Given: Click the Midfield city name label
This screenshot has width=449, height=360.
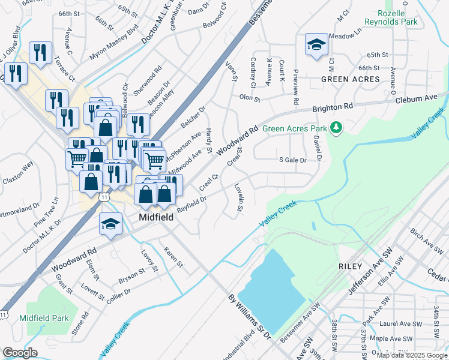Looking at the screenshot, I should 156,217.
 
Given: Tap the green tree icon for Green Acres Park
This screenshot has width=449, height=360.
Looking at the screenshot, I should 337,127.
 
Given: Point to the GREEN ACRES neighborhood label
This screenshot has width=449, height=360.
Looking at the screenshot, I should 351,79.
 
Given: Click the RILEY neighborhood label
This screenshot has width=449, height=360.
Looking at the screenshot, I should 350,266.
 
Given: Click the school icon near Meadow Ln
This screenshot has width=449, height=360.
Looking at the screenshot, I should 316,45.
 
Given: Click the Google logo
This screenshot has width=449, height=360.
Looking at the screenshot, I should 20,353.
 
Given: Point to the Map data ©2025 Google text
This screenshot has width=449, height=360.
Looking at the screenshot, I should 412,355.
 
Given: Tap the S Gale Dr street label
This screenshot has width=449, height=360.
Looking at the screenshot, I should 293,160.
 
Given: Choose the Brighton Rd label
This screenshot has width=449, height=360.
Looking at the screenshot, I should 332,108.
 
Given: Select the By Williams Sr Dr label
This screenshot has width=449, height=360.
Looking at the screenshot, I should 247,315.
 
